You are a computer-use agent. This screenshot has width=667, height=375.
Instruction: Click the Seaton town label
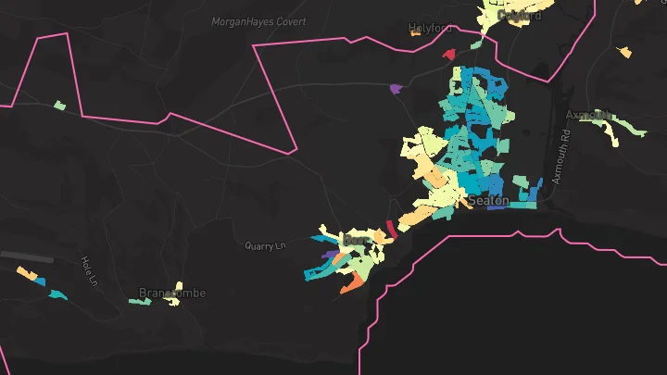(489, 200)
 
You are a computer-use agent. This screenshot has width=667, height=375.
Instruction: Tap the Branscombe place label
(172, 294)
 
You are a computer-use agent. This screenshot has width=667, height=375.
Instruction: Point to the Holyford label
(433, 29)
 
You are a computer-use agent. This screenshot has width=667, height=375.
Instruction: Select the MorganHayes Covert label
(258, 21)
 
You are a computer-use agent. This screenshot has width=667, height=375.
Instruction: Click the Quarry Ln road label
(266, 246)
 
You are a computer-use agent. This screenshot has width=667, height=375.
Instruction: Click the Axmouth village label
(589, 116)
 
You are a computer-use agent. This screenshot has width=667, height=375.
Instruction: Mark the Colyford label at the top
(519, 15)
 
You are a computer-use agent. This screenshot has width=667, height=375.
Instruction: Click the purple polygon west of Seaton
(396, 89)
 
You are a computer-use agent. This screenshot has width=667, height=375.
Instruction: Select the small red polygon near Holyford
(450, 55)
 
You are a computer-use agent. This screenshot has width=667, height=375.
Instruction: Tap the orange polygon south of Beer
(351, 282)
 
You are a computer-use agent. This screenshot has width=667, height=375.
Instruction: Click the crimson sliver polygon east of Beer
(391, 229)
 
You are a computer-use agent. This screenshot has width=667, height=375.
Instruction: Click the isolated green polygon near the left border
(60, 106)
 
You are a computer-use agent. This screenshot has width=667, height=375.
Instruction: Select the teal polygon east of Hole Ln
(57, 294)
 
